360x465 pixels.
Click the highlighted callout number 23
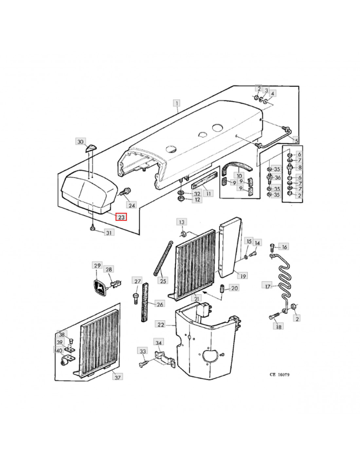121,217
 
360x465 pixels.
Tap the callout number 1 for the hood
177,103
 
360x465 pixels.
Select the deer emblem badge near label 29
99,287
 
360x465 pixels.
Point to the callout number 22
161,324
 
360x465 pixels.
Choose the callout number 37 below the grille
117,377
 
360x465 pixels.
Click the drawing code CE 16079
279,375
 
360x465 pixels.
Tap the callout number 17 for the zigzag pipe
267,286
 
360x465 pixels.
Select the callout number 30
80,141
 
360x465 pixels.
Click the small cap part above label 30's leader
91,148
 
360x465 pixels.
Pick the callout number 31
109,232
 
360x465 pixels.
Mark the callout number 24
132,205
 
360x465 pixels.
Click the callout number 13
181,222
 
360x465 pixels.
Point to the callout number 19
243,276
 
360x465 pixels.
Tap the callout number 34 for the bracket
158,343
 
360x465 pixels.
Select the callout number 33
143,351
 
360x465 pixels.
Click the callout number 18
279,326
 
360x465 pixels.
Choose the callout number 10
239,176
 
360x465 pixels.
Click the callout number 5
296,141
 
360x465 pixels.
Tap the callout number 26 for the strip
160,304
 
